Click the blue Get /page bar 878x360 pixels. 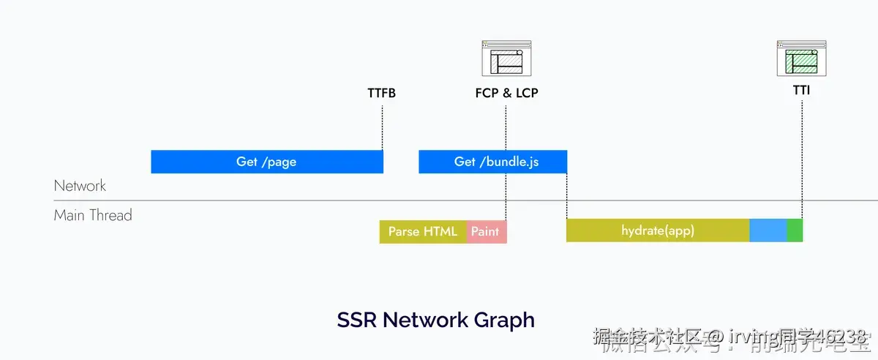(x=266, y=162)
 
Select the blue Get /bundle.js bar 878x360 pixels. (x=492, y=162)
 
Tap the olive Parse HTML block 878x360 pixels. (x=423, y=231)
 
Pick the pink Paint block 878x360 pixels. (x=486, y=231)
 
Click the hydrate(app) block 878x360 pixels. (x=657, y=230)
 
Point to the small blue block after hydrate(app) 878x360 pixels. (x=768, y=230)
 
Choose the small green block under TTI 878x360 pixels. (x=795, y=230)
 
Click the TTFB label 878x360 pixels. (x=381, y=94)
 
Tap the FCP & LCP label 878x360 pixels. (x=506, y=94)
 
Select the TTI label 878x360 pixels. (x=801, y=91)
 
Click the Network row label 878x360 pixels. (x=80, y=186)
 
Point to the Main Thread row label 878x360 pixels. (x=93, y=215)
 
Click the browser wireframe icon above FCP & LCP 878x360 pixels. (x=506, y=59)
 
